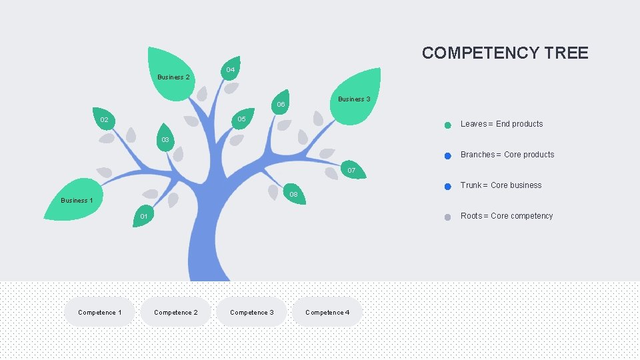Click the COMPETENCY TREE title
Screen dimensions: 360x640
(505, 53)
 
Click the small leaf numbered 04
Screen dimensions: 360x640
(230, 69)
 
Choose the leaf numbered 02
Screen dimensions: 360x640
(104, 119)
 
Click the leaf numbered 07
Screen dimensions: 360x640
(351, 170)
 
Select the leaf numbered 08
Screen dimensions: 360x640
(293, 194)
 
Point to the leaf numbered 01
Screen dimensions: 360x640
(143, 215)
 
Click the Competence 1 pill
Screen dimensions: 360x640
(100, 312)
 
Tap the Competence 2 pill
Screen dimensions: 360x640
(176, 312)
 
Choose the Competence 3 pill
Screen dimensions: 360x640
(252, 312)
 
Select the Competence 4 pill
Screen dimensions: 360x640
(327, 312)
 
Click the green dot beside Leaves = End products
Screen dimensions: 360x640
(448, 125)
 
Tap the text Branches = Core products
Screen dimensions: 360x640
(507, 155)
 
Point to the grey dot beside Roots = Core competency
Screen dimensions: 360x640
(448, 217)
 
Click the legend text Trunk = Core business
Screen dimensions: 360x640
(501, 185)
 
